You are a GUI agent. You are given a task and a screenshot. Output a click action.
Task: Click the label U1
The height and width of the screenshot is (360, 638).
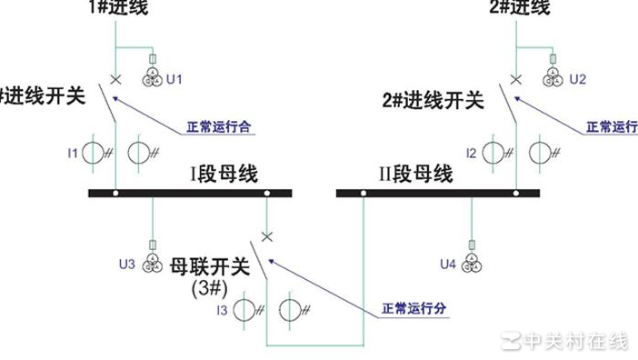pyautogui.click(x=174, y=80)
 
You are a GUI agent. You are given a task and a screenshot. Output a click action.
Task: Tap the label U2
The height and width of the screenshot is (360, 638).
pyautogui.click(x=577, y=80)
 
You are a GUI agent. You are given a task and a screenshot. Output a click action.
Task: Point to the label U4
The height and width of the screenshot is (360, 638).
pyautogui.click(x=447, y=265)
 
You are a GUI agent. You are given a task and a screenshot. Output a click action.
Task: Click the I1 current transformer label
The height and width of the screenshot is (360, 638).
pyautogui.click(x=73, y=153)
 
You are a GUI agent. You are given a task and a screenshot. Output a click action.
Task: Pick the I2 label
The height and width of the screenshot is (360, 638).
pyautogui.click(x=471, y=153)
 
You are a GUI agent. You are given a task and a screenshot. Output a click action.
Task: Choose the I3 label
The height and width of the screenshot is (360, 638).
pyautogui.click(x=222, y=311)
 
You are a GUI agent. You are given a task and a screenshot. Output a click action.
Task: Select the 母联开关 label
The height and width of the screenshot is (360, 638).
pyautogui.click(x=209, y=266)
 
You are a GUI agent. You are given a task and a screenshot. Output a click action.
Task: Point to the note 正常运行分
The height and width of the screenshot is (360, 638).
pyautogui.click(x=414, y=308)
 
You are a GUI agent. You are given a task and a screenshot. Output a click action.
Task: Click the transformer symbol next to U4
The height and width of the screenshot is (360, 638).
pyautogui.click(x=472, y=264)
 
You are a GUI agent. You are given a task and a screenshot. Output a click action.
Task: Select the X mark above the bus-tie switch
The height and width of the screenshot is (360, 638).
pyautogui.click(x=266, y=236)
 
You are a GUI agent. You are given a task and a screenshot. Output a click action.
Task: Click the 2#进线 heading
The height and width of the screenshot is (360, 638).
pyautogui.click(x=519, y=8)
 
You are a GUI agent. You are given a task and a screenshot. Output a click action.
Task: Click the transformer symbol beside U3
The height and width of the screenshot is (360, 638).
pyautogui.click(x=152, y=264)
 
